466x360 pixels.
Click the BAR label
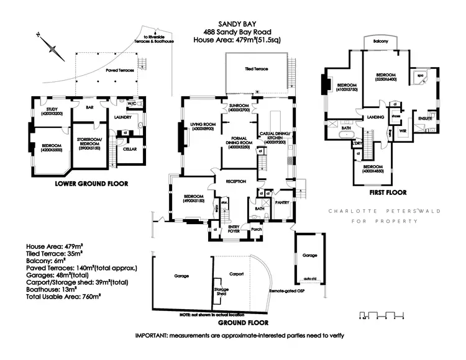click(x=91, y=107)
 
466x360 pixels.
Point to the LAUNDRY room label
click(x=122, y=116)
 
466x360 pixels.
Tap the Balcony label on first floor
click(x=381, y=41)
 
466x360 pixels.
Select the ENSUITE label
click(x=425, y=118)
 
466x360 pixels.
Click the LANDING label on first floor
click(x=375, y=117)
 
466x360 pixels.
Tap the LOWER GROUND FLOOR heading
click(x=91, y=184)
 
